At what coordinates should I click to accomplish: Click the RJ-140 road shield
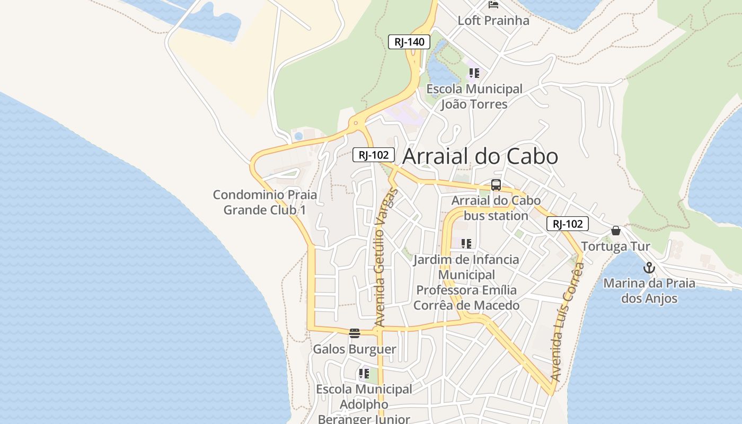click(409, 42)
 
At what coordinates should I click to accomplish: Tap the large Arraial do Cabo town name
click(480, 156)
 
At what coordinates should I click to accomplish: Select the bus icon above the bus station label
click(496, 185)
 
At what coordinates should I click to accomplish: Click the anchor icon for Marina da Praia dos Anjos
click(649, 268)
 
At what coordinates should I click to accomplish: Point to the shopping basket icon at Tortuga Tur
click(615, 231)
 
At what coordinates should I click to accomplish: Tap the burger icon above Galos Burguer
click(355, 333)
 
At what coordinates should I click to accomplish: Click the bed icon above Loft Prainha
click(493, 5)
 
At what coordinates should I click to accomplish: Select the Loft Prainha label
click(493, 21)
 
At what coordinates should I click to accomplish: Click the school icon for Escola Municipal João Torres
click(474, 73)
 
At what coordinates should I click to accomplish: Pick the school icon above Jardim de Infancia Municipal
click(466, 244)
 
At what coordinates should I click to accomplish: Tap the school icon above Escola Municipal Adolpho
click(364, 374)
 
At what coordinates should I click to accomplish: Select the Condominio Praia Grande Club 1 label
click(265, 202)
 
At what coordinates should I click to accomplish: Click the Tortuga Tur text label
click(615, 246)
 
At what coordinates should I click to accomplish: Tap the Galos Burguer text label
click(355, 349)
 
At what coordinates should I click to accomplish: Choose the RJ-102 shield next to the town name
click(374, 155)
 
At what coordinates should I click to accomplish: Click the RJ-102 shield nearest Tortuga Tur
click(568, 224)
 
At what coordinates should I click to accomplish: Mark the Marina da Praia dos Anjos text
click(649, 290)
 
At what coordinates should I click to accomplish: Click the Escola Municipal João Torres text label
click(474, 96)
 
